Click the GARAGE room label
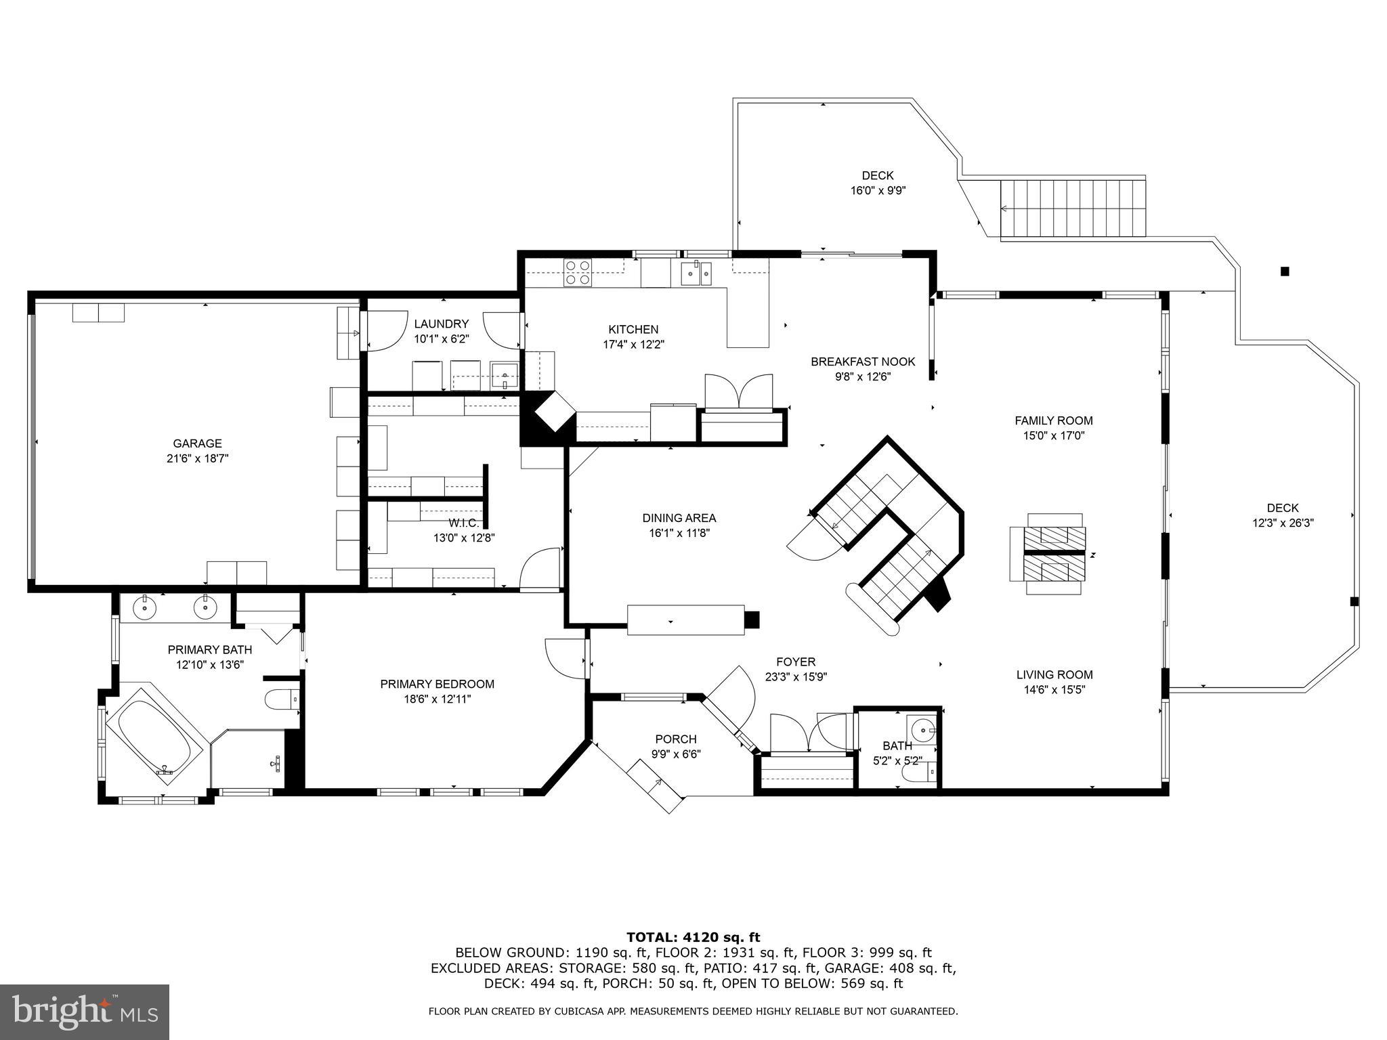(x=197, y=443)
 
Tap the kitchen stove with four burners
(x=578, y=272)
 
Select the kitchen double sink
(x=696, y=274)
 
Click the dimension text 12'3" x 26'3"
(x=1283, y=523)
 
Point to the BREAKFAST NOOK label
(x=863, y=362)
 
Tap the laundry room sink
(x=505, y=374)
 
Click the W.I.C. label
(x=464, y=523)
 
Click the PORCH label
(x=675, y=739)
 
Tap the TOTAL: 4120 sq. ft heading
(x=693, y=937)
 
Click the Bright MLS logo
(x=85, y=1012)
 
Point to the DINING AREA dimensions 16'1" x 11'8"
(x=679, y=533)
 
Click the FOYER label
(x=796, y=662)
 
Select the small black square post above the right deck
(x=1285, y=272)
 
